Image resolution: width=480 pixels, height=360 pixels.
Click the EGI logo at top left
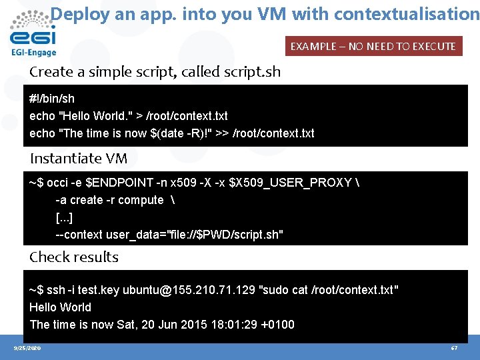coord(33,33)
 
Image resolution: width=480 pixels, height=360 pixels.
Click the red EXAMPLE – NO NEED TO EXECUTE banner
coord(373,46)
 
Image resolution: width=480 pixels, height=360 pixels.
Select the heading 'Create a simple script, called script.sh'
coord(155,72)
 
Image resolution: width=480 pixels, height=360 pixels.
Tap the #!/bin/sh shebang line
coord(52,99)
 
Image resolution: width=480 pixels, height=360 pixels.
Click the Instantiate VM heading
coord(79,159)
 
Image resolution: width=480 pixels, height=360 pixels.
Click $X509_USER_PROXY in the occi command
coord(289,183)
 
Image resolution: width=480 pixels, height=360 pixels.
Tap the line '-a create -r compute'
coord(109,200)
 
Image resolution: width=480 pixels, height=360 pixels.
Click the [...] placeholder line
coord(64,217)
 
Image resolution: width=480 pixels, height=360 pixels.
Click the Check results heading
coord(74,257)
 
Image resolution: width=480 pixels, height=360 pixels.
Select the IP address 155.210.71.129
coord(211,290)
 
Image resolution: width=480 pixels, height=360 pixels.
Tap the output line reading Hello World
coord(60,307)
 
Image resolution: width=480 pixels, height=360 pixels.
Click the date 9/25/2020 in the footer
coord(27,348)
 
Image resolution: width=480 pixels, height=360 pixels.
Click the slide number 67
coord(454,348)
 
